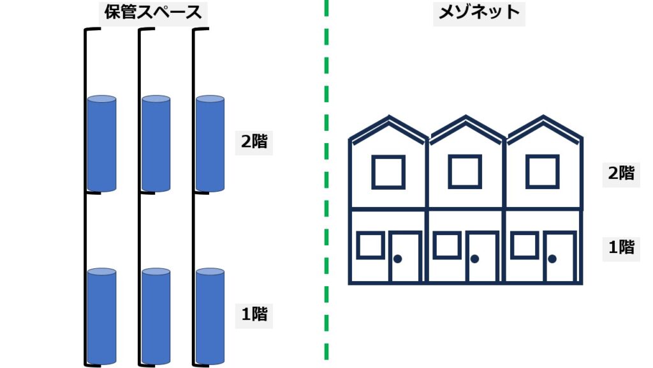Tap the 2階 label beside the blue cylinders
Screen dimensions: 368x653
254,142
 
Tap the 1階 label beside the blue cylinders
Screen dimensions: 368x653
254,314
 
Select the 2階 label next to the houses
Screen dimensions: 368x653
620,173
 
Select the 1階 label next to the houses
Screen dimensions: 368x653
620,247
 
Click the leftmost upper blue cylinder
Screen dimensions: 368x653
101,144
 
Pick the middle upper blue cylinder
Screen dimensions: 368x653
156,144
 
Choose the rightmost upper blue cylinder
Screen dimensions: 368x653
210,144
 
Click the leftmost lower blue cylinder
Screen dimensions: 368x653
101,317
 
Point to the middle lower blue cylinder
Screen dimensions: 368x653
156,317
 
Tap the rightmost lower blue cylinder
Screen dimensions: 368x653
210,317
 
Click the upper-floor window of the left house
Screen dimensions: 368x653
388,172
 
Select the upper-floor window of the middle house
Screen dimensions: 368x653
466,172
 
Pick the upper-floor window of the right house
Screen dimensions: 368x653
543,172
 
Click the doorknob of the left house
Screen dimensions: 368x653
397,259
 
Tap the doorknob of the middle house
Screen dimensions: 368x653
474,259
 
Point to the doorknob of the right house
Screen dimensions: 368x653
552,259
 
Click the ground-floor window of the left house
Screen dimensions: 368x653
370,246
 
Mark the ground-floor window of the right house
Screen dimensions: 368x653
524,246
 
